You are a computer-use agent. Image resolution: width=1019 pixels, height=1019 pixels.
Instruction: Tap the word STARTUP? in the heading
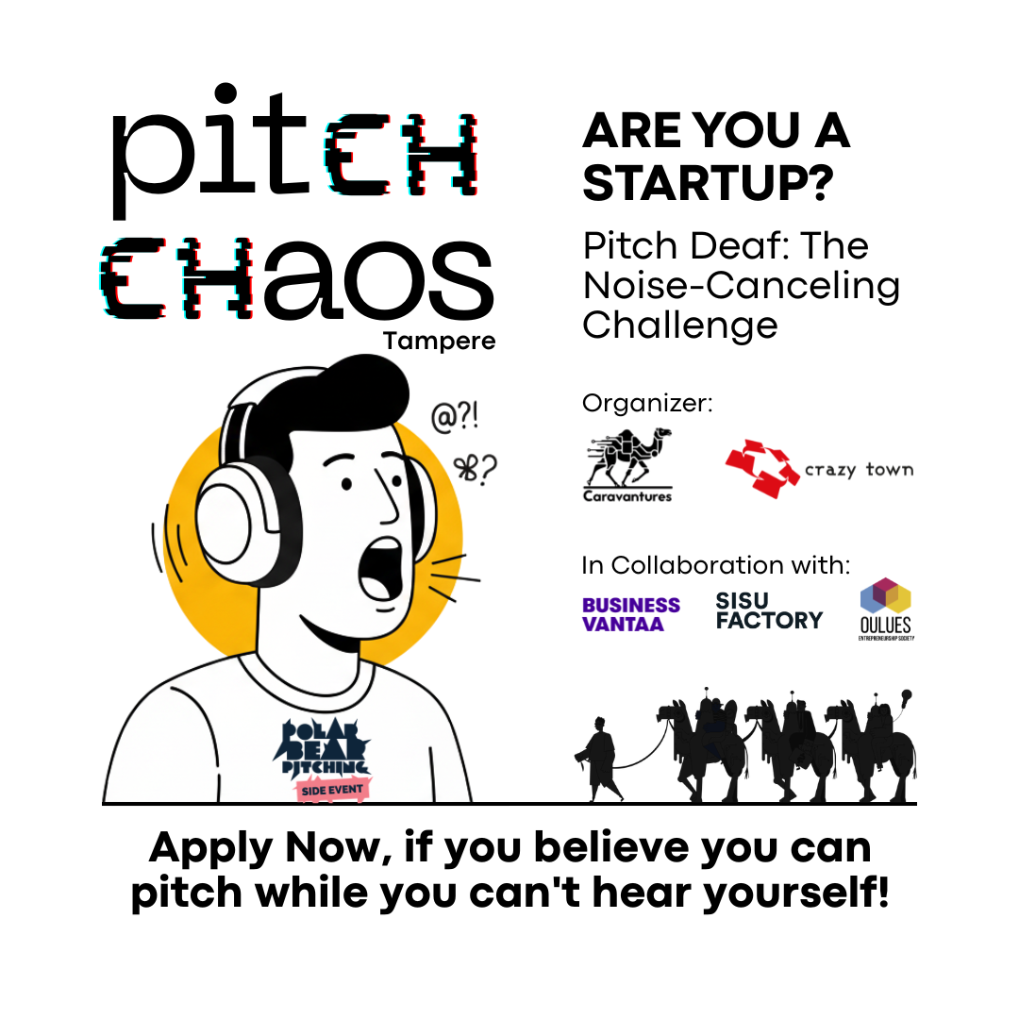[x=708, y=183]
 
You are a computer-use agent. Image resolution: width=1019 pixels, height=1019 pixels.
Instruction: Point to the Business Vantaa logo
[x=630, y=613]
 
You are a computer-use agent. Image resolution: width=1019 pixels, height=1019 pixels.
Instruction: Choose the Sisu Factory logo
[x=769, y=610]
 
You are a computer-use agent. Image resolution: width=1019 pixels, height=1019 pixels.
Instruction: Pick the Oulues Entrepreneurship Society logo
[x=885, y=609]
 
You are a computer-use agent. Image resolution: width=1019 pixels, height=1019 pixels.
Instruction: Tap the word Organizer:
[x=647, y=403]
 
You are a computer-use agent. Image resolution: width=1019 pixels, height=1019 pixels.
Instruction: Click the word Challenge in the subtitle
[x=679, y=325]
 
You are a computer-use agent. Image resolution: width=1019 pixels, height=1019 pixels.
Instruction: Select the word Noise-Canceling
[x=741, y=285]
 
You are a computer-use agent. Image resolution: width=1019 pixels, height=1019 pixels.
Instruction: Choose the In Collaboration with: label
[x=716, y=565]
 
